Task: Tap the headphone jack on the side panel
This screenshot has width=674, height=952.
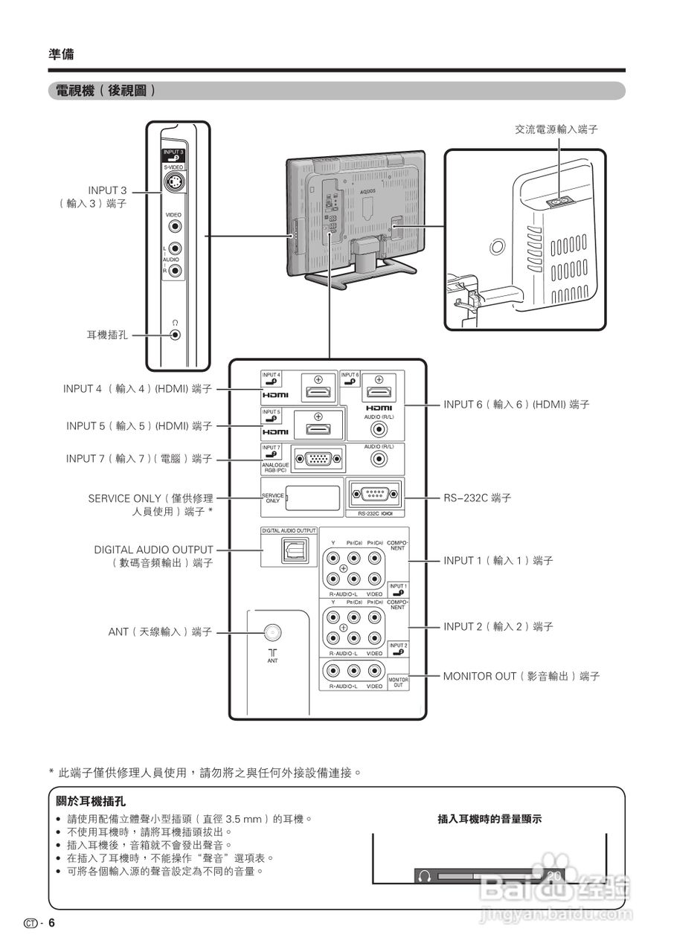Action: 175,335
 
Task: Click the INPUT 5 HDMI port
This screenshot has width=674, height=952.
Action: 318,429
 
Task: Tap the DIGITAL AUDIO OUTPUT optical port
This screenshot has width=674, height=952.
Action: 289,550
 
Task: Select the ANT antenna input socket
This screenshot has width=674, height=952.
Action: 272,632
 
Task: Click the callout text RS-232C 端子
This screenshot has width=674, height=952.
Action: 477,498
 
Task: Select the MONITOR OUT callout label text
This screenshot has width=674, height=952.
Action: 521,676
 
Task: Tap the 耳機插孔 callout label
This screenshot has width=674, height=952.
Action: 107,335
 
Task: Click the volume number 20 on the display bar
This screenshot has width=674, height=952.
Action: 554,876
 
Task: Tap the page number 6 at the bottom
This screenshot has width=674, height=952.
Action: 52,923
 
